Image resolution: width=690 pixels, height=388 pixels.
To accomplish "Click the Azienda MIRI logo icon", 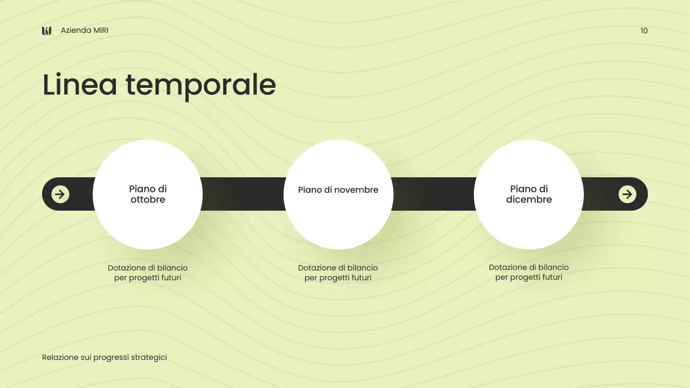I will [47, 31].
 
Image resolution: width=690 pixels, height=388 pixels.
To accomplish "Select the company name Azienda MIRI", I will [85, 31].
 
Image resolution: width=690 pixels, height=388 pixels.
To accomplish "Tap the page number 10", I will [644, 31].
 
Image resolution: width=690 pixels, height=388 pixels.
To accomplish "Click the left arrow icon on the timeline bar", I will [60, 194].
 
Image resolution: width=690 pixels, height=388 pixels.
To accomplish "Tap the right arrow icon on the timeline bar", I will [627, 194].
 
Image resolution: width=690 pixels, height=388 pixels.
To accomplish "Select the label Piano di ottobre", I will [148, 194].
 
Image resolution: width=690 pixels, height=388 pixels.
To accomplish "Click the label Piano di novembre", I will [338, 190].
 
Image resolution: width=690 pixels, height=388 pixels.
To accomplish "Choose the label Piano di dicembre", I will [529, 194].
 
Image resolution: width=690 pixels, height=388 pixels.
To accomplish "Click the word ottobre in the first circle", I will [148, 200].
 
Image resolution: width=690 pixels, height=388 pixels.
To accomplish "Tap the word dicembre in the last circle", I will [529, 200].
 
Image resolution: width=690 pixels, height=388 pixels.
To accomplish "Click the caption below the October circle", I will [148, 273].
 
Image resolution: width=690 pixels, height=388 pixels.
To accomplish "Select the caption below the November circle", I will [338, 273].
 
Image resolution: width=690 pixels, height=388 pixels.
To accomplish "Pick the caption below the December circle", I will [529, 272].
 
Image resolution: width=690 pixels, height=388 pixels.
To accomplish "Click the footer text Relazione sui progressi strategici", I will [105, 357].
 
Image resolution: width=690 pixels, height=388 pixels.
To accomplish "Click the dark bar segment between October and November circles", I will [243, 194].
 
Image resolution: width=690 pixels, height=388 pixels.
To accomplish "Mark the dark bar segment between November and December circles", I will [433, 194].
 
